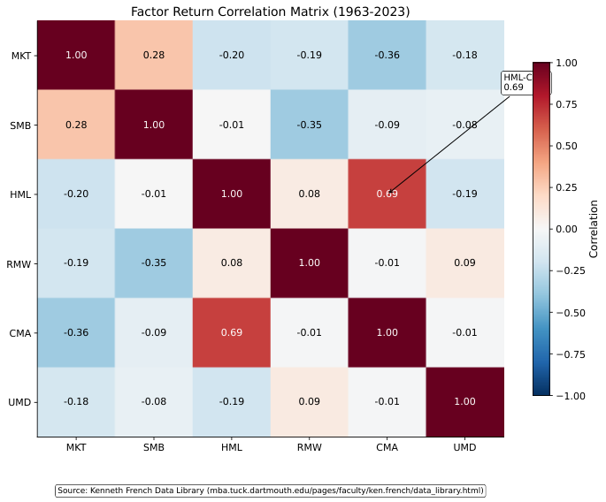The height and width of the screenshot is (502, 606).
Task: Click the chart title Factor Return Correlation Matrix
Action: pos(270,11)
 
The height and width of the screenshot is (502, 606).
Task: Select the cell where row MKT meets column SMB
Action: pos(154,56)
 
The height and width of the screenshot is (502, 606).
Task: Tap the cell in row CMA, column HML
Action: pos(232,332)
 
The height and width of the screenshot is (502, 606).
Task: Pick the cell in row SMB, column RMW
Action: pos(310,125)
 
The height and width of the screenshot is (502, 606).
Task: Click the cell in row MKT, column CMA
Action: pos(387,56)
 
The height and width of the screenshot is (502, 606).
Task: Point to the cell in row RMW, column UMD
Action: pos(465,263)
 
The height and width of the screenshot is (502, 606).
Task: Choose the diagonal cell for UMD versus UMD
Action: pos(465,401)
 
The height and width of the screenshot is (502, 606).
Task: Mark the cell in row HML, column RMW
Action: pos(310,194)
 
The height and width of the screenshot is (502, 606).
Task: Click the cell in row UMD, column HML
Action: pos(232,401)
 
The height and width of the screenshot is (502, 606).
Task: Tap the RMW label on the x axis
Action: pos(310,448)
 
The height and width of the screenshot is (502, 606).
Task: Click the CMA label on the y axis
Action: pos(20,333)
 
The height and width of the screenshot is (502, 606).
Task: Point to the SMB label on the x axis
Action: pos(154,448)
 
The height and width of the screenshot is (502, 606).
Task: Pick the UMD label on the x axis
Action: pos(465,448)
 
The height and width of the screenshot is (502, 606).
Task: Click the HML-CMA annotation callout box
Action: pos(525,83)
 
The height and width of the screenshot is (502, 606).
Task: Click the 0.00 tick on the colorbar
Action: pos(571,229)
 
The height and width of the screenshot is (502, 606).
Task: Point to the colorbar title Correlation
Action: pos(594,229)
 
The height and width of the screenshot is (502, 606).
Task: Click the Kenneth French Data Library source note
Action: pos(271,491)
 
